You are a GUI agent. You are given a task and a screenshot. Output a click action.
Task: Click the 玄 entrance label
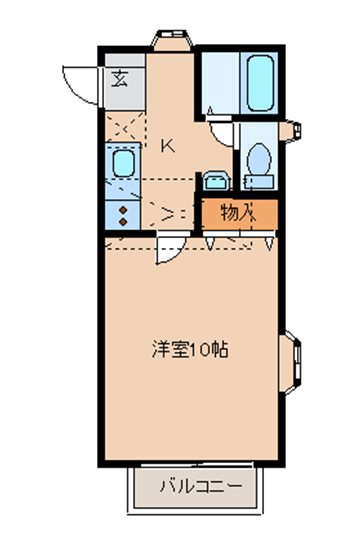pos(120,79)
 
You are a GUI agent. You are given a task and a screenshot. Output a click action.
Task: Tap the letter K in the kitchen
pos(168,147)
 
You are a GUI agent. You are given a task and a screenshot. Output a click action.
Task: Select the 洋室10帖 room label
pos(190,350)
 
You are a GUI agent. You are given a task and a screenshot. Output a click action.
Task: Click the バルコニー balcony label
pos(201,487)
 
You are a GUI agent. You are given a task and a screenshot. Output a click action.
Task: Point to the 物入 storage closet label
pos(239,212)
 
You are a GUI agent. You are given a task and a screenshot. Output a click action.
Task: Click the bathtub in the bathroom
pos(260,83)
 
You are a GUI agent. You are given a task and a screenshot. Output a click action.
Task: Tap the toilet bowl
pos(260,159)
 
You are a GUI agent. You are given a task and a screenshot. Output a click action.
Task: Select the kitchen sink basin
pos(123,163)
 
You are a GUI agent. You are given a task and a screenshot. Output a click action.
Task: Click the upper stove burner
pos(123,210)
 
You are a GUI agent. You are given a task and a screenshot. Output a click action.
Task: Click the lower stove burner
pos(123,222)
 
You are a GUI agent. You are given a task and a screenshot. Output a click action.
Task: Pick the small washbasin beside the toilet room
pos(216,181)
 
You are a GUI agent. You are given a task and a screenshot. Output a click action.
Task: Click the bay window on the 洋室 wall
pos(290,362)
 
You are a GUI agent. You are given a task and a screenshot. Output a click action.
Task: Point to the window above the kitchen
pos(172,39)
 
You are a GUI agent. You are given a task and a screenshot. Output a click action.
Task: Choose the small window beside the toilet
pos(291,131)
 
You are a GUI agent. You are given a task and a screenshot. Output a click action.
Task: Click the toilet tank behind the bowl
pos(259,181)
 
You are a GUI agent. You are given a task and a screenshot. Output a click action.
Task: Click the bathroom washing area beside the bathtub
pos(220,83)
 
